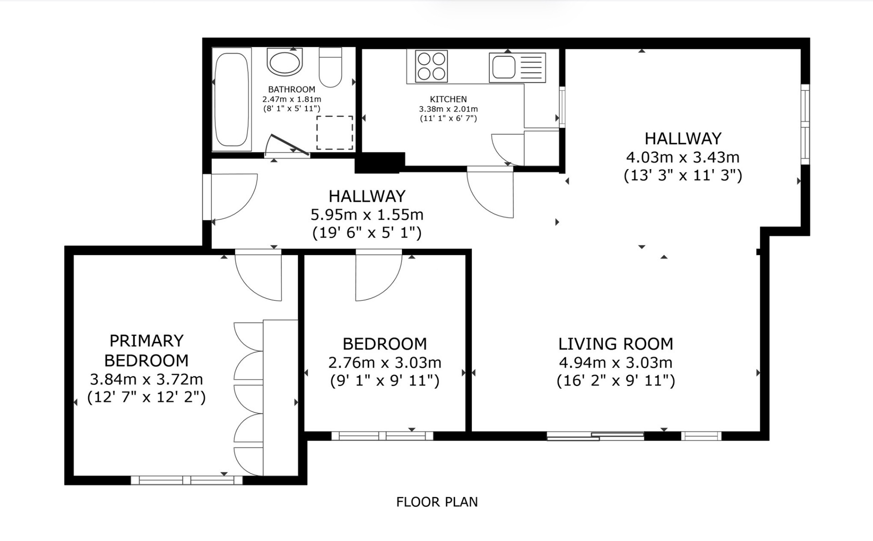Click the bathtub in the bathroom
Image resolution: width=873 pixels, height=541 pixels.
click(232, 99)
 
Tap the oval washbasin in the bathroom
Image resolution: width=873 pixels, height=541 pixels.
click(285, 62)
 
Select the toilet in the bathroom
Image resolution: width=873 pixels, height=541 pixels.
click(330, 67)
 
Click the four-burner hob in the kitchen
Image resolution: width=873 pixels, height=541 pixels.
click(431, 66)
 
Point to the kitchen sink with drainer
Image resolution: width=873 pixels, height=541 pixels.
click(517, 68)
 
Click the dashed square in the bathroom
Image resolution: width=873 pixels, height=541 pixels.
click(335, 133)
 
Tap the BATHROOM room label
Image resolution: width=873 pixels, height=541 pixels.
click(291, 90)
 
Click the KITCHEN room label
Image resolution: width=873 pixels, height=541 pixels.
click(448, 99)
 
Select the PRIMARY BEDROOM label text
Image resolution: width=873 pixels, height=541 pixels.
click(146, 351)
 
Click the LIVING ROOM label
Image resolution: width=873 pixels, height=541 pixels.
click(616, 344)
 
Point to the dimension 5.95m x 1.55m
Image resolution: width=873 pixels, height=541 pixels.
click(367, 214)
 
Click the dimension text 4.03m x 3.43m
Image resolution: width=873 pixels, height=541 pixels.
click(683, 157)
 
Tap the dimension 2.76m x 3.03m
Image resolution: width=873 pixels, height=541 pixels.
click(385, 363)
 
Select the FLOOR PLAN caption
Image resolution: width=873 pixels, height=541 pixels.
click(437, 502)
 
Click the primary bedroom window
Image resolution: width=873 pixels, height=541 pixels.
click(187, 480)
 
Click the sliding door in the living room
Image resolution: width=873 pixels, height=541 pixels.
click(595, 436)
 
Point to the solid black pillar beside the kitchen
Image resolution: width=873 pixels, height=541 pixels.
click(379, 162)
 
